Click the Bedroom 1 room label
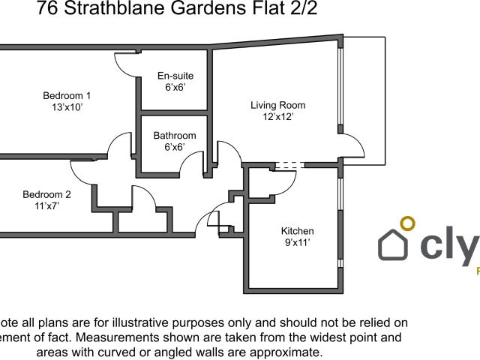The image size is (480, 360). tap(67, 95)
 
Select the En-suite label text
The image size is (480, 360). tap(175, 76)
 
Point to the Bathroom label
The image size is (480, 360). tap(175, 136)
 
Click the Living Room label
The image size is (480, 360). tap(277, 105)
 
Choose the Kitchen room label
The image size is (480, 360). tap(297, 230)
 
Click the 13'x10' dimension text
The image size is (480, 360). tap(67, 107)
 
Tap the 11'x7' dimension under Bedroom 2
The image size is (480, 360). tap(46, 205)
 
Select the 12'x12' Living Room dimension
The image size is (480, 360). tap(277, 117)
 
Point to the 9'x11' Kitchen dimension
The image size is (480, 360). tap(297, 242)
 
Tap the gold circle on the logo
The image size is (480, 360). tap(407, 223)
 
